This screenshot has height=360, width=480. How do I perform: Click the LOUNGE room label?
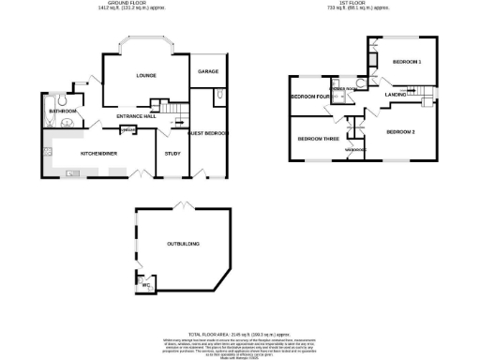(145, 75)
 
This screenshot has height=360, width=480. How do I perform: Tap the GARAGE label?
(207, 71)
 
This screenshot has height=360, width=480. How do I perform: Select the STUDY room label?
(172, 153)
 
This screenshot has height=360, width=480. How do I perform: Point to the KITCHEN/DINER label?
(97, 150)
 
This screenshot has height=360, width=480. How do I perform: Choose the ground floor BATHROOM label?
(62, 112)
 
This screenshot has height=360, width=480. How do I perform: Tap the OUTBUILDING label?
(183, 244)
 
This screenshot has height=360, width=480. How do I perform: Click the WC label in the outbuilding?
(146, 285)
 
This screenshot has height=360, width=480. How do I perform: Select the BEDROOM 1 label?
(407, 62)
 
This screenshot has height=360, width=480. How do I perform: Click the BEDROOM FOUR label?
(309, 97)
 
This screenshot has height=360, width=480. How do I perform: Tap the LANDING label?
(395, 94)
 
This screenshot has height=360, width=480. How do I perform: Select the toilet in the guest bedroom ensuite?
(217, 94)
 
